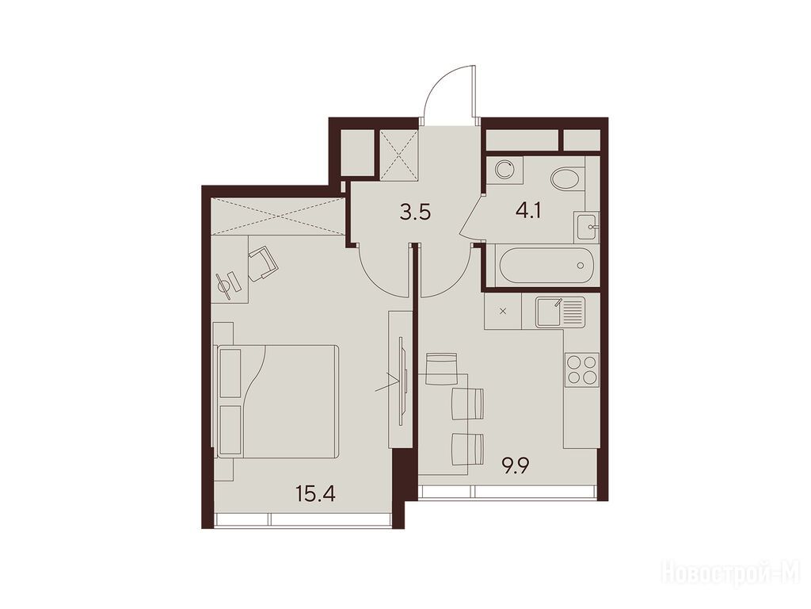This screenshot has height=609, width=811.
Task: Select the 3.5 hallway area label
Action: [x=415, y=213]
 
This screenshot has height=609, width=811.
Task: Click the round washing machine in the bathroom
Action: [x=504, y=169]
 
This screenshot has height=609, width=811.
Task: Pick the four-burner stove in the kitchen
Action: [x=582, y=370]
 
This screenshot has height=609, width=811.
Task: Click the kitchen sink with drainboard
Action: [x=560, y=312]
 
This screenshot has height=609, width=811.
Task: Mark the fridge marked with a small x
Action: [x=503, y=311]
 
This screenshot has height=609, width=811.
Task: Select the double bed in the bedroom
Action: [x=278, y=400]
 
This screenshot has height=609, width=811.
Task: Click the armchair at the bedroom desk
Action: [x=263, y=263]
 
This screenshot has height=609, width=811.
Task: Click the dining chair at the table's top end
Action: [x=441, y=368]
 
